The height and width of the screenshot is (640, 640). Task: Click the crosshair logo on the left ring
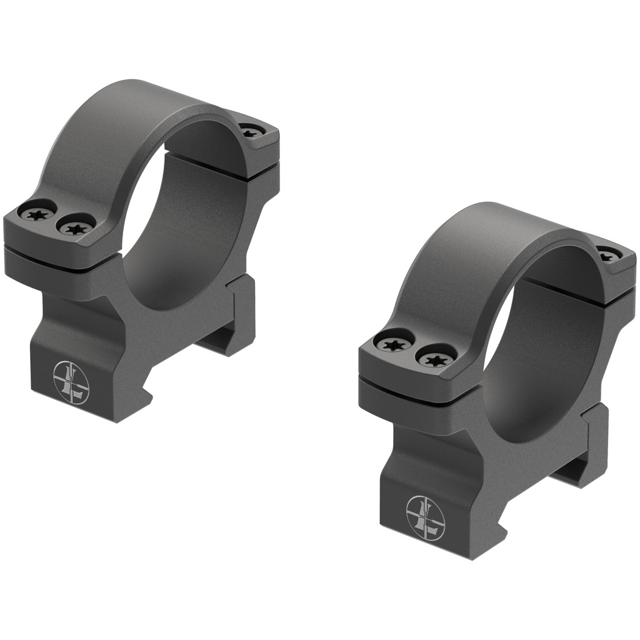click(71, 381)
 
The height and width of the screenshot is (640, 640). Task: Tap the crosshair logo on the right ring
click(425, 517)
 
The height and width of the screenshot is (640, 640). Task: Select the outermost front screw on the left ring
click(37, 212)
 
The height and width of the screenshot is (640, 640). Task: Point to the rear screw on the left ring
click(251, 131)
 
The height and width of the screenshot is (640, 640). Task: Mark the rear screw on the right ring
click(608, 254)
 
